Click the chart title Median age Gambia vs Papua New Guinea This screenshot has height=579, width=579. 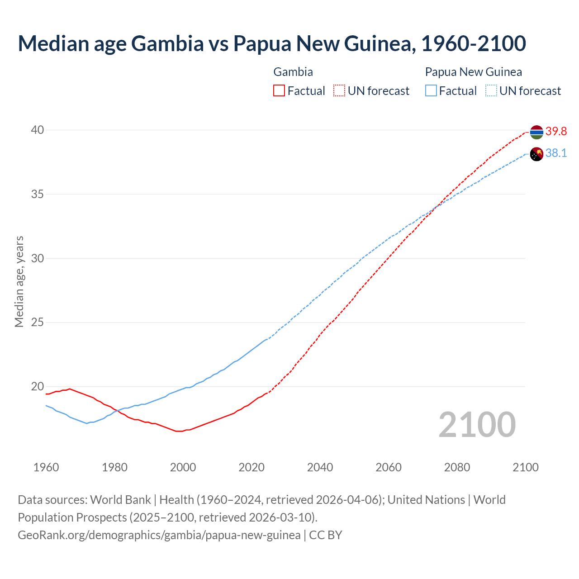[271, 43]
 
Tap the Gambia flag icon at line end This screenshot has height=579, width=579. [536, 132]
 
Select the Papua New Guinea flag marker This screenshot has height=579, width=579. [536, 154]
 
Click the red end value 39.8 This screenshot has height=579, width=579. [556, 132]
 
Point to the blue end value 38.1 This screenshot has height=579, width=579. [556, 153]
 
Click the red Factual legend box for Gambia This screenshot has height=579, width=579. [279, 91]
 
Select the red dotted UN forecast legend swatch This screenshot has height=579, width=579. [339, 91]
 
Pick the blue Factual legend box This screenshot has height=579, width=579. [431, 91]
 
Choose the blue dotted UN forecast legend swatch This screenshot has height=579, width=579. [491, 91]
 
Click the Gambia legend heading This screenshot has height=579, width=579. [293, 72]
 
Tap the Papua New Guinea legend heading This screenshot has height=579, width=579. [473, 72]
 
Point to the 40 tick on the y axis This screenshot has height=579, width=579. [37, 130]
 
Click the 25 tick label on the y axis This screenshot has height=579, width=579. [37, 323]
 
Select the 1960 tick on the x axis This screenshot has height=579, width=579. [46, 467]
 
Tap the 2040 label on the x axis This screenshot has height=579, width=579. [320, 467]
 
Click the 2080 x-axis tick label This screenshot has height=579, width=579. [457, 467]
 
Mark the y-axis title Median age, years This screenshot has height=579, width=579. [19, 281]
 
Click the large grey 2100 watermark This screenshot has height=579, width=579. [477, 424]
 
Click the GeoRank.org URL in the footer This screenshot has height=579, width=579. [159, 535]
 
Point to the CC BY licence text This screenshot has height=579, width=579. [326, 535]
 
